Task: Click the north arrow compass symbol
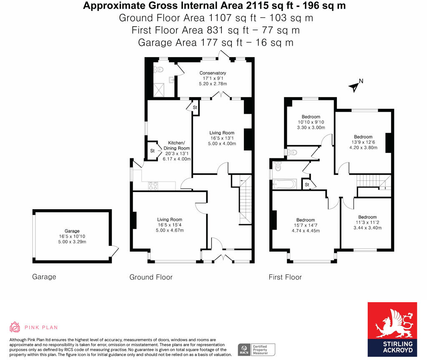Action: click(x=354, y=86)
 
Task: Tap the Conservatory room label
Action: click(x=213, y=73)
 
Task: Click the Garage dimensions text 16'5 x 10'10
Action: click(x=72, y=236)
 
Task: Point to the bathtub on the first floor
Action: click(x=284, y=184)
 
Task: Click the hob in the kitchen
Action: click(x=153, y=185)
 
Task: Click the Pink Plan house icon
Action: click(x=15, y=327)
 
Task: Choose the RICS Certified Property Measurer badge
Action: click(x=256, y=349)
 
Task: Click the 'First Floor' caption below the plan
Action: click(x=285, y=277)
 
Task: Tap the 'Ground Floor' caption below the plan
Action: click(x=151, y=277)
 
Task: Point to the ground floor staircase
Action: click(x=244, y=200)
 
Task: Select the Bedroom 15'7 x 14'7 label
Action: click(x=306, y=220)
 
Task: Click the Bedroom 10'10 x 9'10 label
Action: click(x=311, y=117)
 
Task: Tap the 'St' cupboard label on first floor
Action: click(x=307, y=185)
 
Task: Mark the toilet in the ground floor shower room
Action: click(x=158, y=70)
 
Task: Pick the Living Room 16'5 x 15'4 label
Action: click(x=169, y=220)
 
